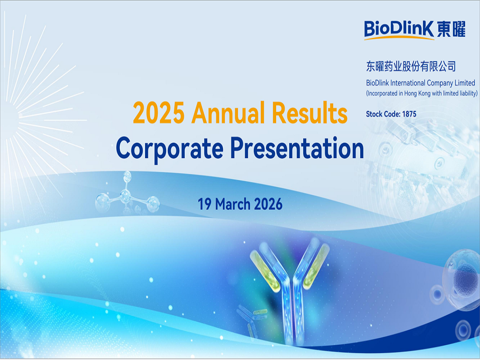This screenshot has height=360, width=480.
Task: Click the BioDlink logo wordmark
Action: pos(399,30)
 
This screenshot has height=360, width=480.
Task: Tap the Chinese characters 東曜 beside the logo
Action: pos(451,29)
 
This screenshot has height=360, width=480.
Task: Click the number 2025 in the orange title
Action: pos(159,113)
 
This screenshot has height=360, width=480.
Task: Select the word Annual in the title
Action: pos(228,112)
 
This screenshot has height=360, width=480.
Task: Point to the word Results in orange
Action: pos(310,112)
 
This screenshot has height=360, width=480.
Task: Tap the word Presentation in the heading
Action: pos(297,148)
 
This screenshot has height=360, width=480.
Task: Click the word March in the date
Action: pos(233,204)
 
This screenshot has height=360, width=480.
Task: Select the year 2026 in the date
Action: pos(268,204)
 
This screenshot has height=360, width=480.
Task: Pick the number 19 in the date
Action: pos(204,204)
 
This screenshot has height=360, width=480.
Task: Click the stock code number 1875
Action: pos(409,114)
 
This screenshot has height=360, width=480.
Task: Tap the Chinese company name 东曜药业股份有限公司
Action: pos(411,66)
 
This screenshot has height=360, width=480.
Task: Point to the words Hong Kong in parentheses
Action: pos(417,93)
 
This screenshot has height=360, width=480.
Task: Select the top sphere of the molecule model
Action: pos(127,177)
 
